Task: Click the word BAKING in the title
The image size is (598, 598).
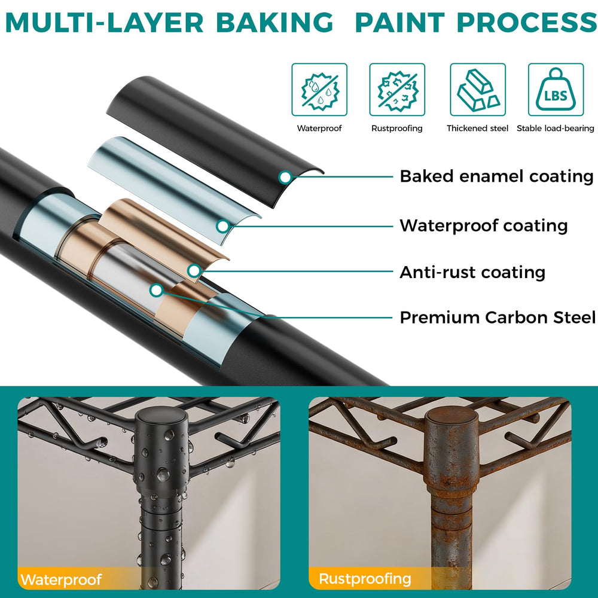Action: click(x=274, y=22)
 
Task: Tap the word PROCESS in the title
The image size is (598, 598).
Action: click(x=527, y=22)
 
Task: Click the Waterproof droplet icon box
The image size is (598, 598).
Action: click(x=319, y=90)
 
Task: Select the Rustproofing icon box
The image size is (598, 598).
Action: click(x=397, y=90)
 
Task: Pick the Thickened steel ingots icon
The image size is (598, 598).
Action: click(x=478, y=90)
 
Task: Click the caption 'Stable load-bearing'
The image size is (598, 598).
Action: click(x=556, y=129)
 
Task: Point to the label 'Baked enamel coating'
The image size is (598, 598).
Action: click(x=496, y=176)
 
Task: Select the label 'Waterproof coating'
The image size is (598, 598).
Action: click(x=484, y=226)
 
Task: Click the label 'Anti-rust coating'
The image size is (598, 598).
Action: click(x=472, y=272)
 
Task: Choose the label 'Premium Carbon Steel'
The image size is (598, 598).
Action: click(x=498, y=318)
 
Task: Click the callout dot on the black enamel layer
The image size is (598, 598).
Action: click(x=285, y=177)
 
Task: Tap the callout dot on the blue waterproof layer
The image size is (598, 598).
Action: click(x=222, y=226)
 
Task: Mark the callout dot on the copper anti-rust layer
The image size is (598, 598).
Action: click(x=194, y=271)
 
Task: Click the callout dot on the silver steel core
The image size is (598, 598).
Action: click(x=156, y=290)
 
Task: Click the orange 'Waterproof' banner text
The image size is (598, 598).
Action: click(x=61, y=579)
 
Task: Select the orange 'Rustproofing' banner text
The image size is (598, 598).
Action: click(x=365, y=578)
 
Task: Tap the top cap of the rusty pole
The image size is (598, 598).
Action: click(x=451, y=414)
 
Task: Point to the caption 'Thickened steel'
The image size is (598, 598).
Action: click(x=477, y=129)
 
